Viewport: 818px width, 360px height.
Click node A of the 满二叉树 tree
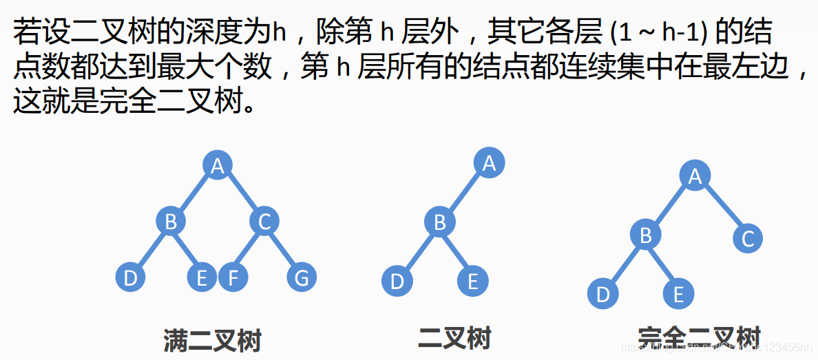[x=218, y=166]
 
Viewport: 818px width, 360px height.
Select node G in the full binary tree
[x=302, y=278]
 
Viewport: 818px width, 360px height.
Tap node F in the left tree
[x=233, y=278]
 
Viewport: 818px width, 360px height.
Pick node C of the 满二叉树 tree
[x=264, y=222]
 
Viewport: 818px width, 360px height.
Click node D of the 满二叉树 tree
[x=130, y=278]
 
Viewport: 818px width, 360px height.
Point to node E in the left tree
[x=202, y=278]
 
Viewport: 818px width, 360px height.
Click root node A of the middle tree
[x=489, y=163]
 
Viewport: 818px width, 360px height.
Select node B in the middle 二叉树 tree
[x=439, y=222]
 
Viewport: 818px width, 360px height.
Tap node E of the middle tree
[x=472, y=282]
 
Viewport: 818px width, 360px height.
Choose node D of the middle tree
[x=397, y=282]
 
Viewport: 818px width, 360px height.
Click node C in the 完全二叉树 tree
[x=748, y=239]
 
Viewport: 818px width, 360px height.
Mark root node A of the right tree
[x=695, y=176]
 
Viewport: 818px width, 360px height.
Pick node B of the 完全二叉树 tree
[x=646, y=235]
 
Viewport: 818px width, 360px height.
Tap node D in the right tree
[x=603, y=295]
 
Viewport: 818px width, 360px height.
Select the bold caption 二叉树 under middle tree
[x=454, y=339]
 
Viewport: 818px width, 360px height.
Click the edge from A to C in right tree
[x=722, y=208]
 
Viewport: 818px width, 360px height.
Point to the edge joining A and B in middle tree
[x=464, y=193]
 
